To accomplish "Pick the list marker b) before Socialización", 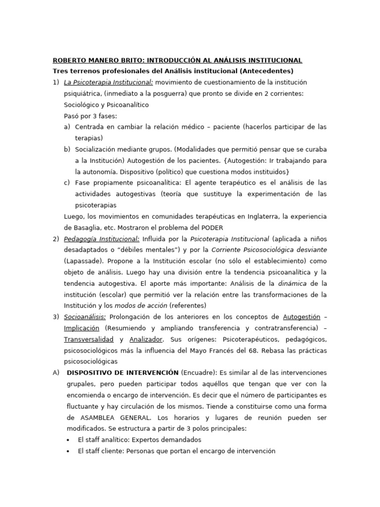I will [67, 149].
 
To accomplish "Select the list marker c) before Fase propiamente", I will [67, 182].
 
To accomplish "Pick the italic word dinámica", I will [290, 283].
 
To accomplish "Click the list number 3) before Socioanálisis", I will [56, 316].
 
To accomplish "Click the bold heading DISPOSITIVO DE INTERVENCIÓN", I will [122, 372].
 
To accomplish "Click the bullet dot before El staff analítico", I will [68, 439].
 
